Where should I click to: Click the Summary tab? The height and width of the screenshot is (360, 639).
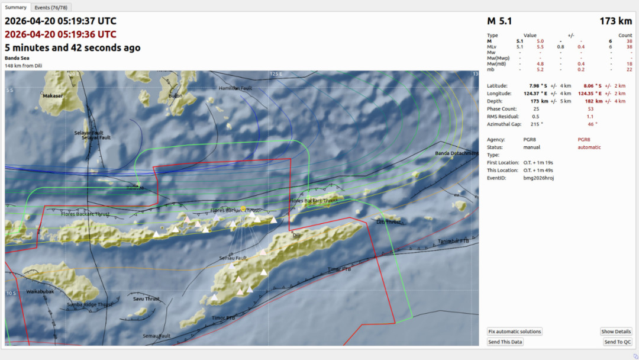[x=16, y=7]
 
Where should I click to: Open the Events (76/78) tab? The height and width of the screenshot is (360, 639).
[x=50, y=7]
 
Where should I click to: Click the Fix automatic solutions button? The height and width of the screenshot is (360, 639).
[x=514, y=332]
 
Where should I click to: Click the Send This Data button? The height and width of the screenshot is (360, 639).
[x=505, y=342]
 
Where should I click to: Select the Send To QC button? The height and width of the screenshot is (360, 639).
[x=618, y=342]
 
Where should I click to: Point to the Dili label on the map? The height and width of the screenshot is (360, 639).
[x=297, y=235]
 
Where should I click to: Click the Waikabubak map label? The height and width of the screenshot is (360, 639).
[x=40, y=291]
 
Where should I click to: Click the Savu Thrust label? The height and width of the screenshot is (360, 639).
[x=146, y=299]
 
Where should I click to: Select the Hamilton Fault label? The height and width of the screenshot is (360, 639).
[x=235, y=88]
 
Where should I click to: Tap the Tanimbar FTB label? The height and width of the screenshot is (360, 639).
[x=453, y=241]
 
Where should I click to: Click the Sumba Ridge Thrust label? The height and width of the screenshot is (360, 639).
[x=89, y=304]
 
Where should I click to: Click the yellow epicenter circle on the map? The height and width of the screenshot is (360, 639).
[x=243, y=208]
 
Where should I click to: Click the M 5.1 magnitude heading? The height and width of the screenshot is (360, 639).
[x=499, y=21]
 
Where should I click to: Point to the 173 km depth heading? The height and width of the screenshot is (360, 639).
[x=616, y=21]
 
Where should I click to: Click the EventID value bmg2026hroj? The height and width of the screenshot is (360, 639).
[x=538, y=178]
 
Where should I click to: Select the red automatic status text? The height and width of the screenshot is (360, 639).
[x=589, y=147]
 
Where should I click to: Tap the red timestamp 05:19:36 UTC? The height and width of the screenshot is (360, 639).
[x=60, y=34]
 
